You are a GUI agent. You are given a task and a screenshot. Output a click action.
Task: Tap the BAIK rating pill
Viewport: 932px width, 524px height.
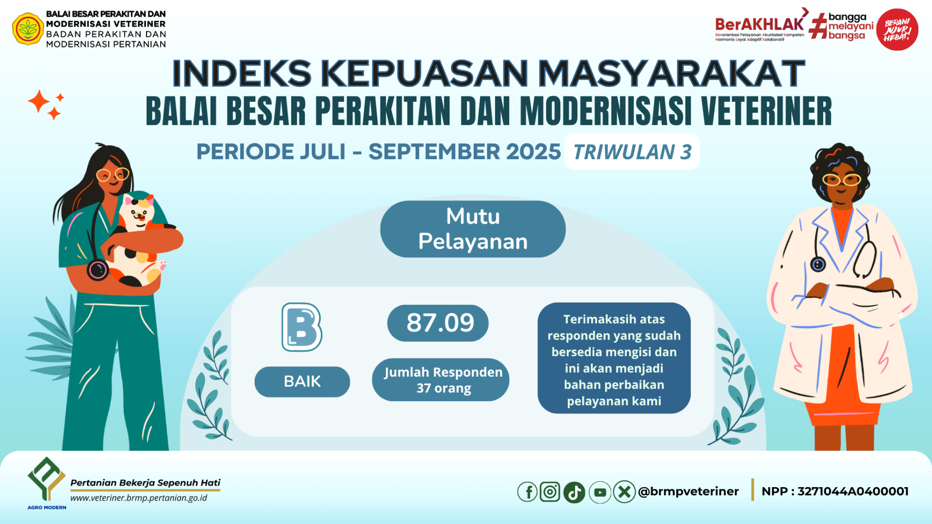click(302, 381)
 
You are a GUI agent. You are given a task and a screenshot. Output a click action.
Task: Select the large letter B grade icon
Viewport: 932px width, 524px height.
click(302, 327)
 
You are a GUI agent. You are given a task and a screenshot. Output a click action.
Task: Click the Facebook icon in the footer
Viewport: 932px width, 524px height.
click(527, 492)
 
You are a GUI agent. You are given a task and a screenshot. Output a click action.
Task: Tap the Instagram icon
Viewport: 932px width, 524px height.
click(550, 492)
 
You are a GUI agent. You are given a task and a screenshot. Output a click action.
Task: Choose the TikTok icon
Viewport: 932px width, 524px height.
click(574, 492)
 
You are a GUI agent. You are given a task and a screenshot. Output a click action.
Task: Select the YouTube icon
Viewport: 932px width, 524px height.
click(600, 492)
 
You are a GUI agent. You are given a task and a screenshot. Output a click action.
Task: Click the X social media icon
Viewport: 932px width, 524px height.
click(624, 492)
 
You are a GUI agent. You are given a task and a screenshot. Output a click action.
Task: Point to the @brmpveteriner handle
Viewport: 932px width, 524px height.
click(688, 491)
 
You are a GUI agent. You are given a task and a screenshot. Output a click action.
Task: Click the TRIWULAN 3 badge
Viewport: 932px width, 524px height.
click(632, 152)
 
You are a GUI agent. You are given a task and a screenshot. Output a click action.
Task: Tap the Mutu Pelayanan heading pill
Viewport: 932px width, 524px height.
click(473, 229)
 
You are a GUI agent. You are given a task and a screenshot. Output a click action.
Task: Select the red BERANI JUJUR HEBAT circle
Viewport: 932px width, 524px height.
click(897, 30)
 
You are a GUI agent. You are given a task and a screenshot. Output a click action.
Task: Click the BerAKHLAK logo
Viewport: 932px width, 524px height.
click(760, 27)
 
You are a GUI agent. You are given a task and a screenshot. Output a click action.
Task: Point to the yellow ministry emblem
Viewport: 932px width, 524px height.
click(28, 29)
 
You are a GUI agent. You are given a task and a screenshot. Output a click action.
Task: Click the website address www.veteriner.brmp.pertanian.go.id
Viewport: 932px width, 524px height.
click(139, 498)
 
